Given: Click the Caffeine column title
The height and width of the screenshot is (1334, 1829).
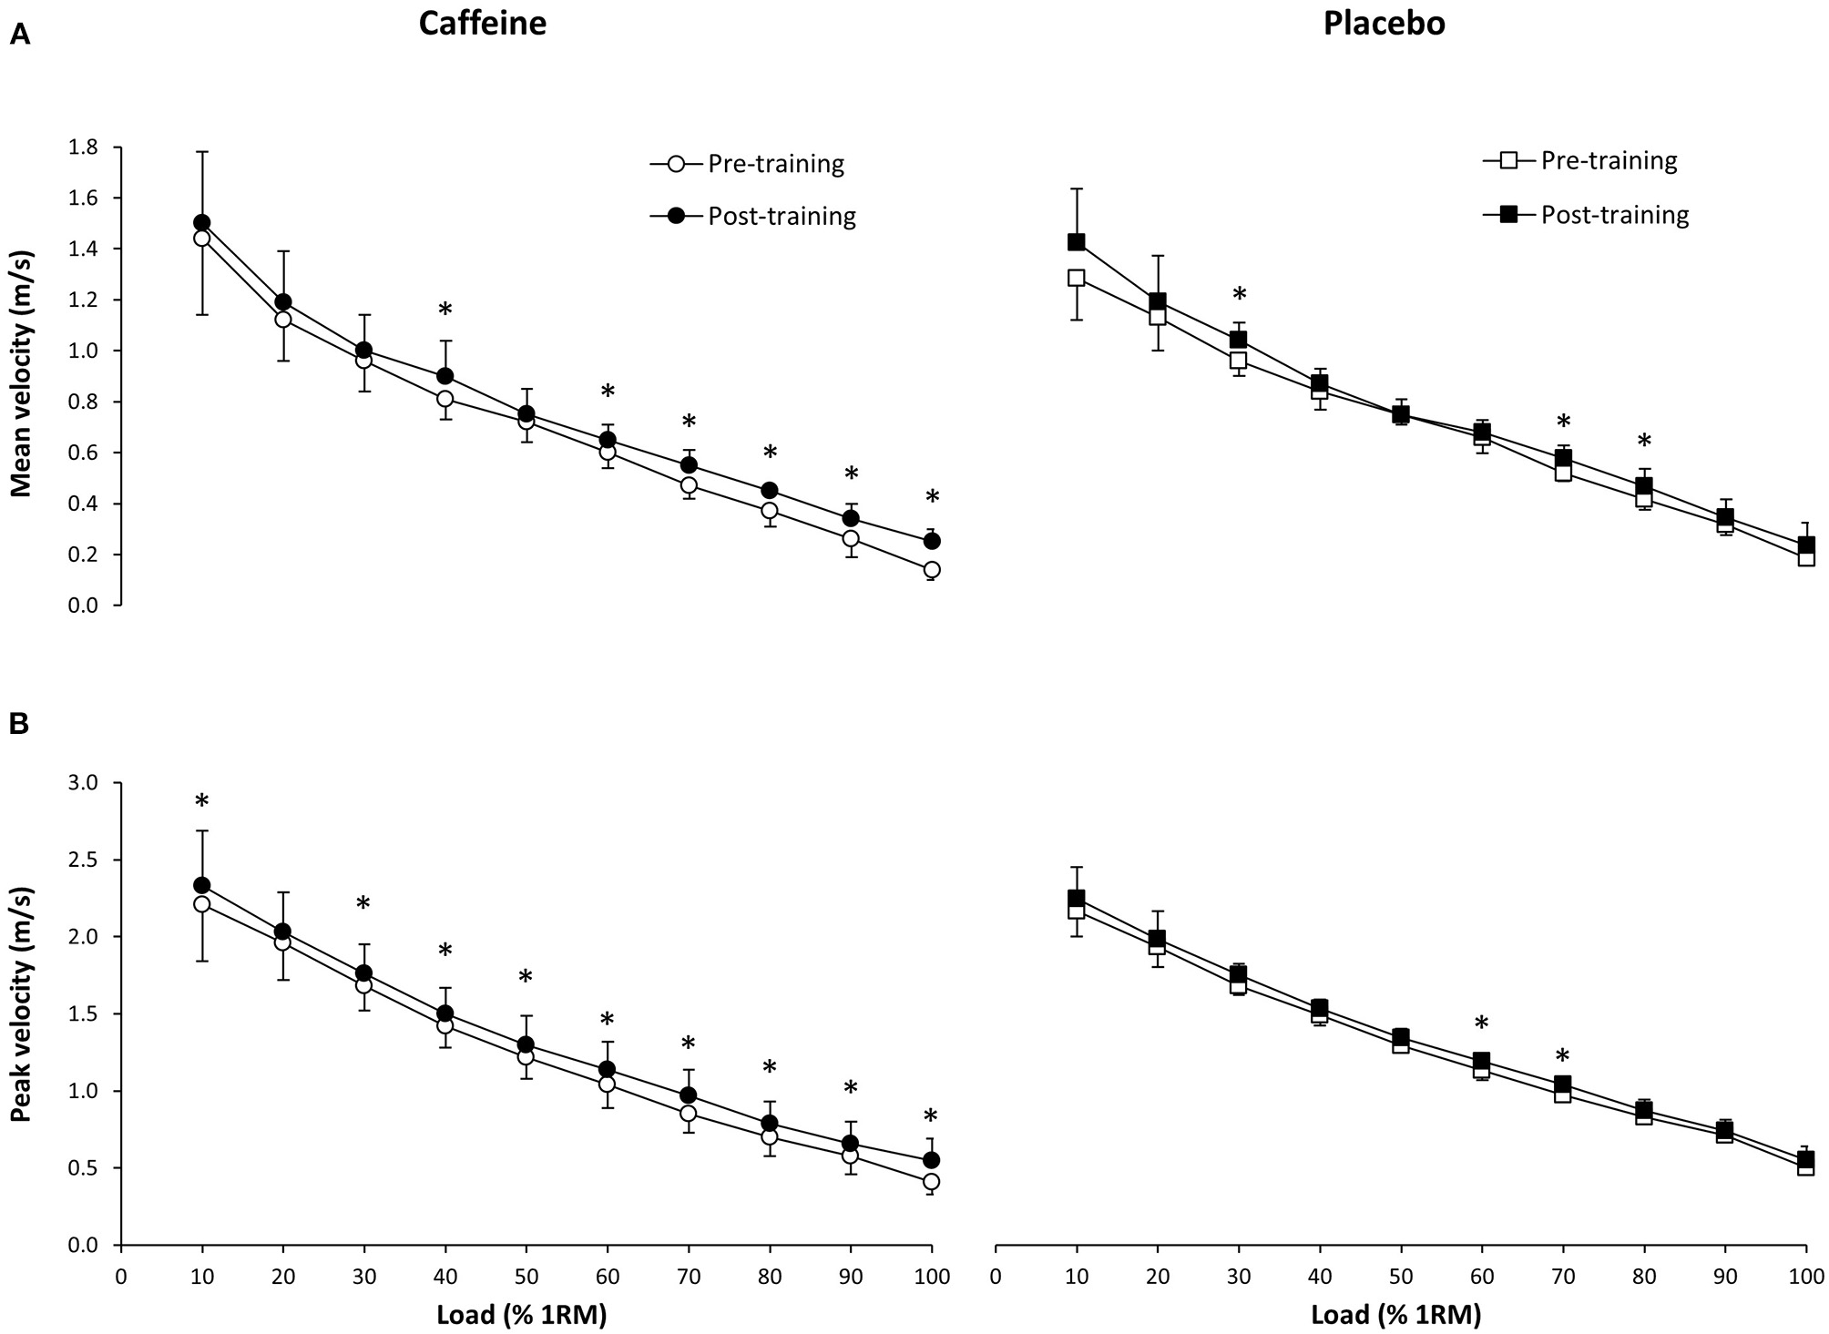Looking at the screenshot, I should click(x=482, y=24).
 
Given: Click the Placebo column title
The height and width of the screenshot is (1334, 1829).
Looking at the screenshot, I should click(x=1384, y=24).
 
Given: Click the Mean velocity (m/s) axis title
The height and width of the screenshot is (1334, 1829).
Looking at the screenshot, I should click(x=22, y=375).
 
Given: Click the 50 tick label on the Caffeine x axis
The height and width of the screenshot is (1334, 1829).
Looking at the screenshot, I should click(x=526, y=1277).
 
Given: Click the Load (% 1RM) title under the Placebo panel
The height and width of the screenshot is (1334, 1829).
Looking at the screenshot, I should click(x=1395, y=1314).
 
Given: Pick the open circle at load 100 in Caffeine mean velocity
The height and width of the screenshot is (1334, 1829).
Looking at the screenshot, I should click(x=931, y=570).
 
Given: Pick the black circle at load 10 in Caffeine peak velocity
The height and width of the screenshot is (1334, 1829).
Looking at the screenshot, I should click(x=202, y=885).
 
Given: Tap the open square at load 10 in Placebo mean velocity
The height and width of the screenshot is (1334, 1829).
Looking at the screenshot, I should click(x=1077, y=278).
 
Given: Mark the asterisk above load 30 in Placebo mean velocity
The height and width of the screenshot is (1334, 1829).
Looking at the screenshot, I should click(x=1239, y=294).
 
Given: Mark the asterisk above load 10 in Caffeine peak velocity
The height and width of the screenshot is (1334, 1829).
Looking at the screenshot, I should click(x=202, y=801).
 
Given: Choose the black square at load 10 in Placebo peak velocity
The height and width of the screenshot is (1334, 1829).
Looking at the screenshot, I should click(x=1077, y=898).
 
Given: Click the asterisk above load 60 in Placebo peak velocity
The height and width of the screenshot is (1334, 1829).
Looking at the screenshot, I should click(x=1482, y=1023).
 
